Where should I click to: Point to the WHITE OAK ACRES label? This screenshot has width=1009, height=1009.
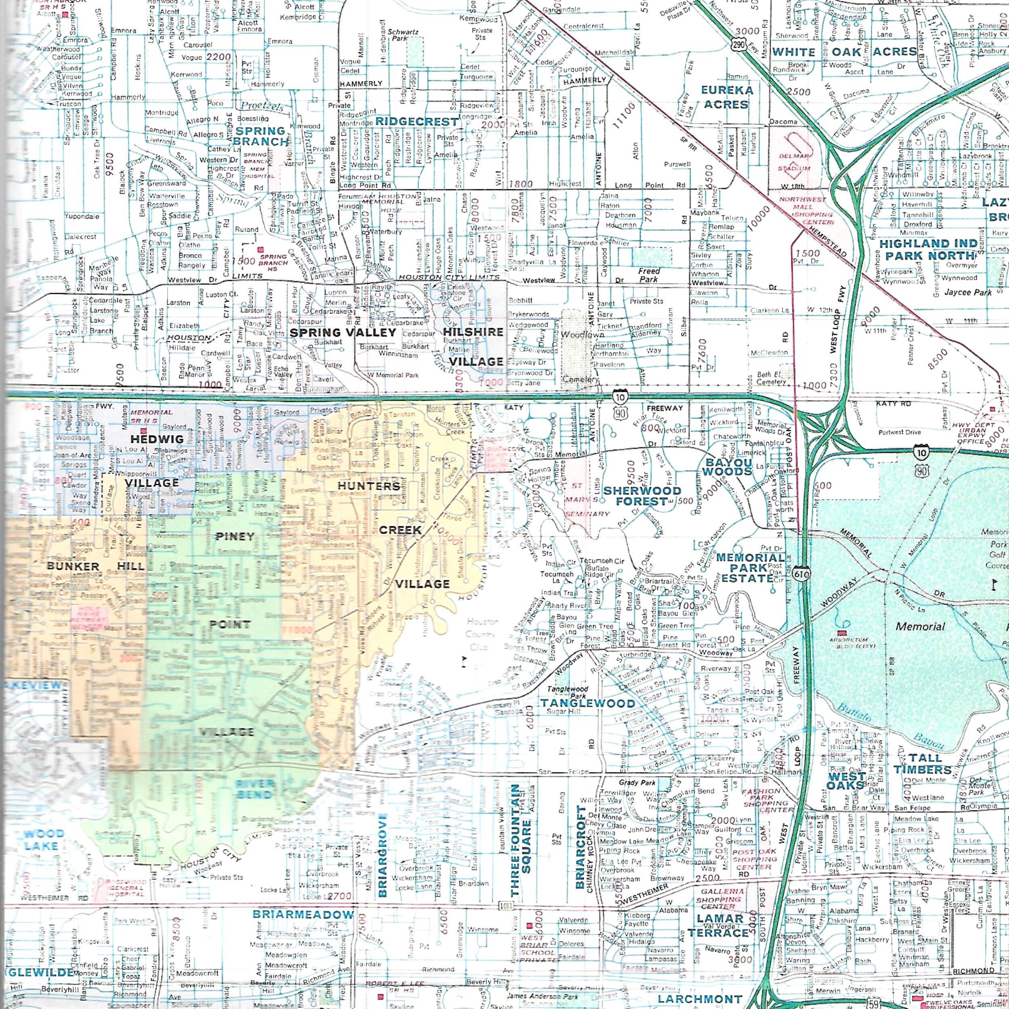844,52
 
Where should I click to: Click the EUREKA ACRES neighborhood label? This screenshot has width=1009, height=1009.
727,97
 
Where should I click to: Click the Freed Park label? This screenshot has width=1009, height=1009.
648,275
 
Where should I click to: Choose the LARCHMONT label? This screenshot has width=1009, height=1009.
700,999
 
